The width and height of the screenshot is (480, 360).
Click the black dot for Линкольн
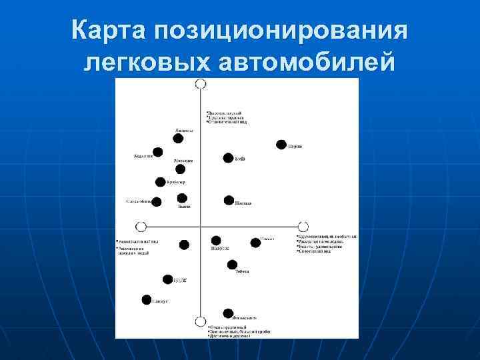point(178,139)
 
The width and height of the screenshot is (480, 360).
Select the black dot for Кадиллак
point(157,152)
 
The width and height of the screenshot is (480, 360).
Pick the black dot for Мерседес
point(180,169)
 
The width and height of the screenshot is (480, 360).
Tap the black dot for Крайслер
point(161,182)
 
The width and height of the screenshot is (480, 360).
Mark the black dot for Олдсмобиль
point(156,201)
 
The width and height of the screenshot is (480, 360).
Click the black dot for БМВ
point(229,158)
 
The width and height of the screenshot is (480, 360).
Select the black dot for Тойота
point(232,265)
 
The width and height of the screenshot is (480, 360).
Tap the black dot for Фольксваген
point(228,313)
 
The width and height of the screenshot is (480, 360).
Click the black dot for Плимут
point(147,300)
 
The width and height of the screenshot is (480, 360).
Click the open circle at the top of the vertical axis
point(200,84)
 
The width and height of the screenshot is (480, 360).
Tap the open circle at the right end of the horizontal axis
point(303,226)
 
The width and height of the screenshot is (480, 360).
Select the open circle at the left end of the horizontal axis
point(141,226)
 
